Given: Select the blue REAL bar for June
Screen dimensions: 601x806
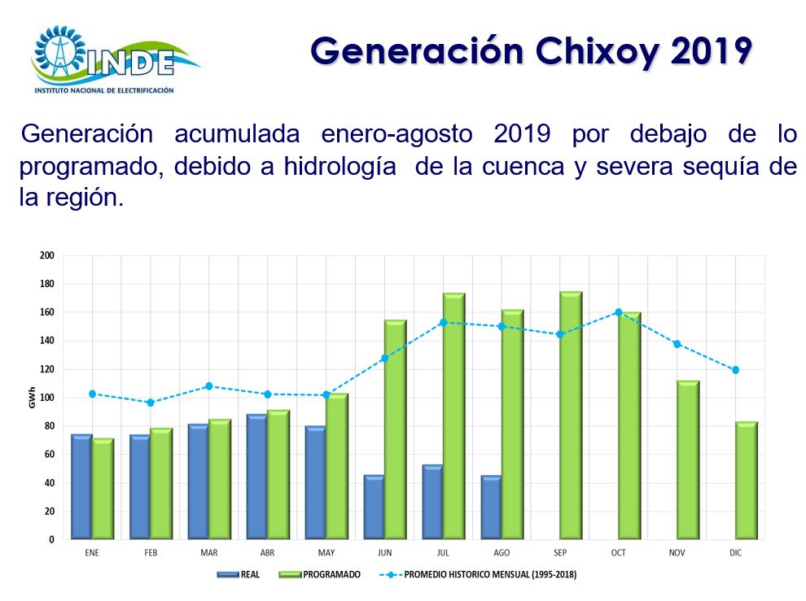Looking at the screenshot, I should (x=374, y=507).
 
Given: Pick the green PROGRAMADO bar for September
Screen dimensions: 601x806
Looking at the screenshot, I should (x=571, y=415).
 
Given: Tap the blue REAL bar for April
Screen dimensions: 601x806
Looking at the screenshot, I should (x=256, y=477).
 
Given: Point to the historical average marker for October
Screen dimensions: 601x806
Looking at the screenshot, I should (x=618, y=312).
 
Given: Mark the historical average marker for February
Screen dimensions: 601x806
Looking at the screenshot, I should (x=151, y=403).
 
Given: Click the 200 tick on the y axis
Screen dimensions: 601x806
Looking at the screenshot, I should (x=46, y=255).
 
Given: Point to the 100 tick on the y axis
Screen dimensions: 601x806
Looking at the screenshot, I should (x=46, y=398).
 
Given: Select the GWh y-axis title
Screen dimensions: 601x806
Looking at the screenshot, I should (x=32, y=399).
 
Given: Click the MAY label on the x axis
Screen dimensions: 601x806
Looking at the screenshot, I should (x=326, y=553).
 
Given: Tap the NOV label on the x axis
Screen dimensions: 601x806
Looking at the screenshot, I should (x=677, y=553).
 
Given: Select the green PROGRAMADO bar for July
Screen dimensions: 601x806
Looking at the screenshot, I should (x=453, y=416).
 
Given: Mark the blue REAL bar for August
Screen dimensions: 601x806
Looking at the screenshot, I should (x=491, y=507).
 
